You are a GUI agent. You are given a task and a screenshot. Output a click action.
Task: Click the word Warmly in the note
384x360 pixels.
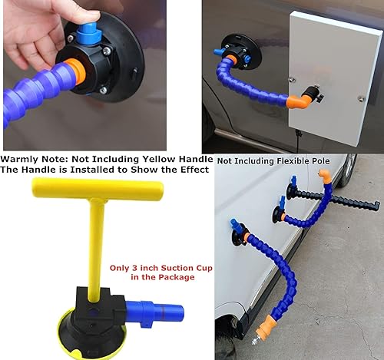pos(22,160)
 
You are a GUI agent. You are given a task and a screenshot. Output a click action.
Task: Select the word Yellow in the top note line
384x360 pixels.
pos(151,160)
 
